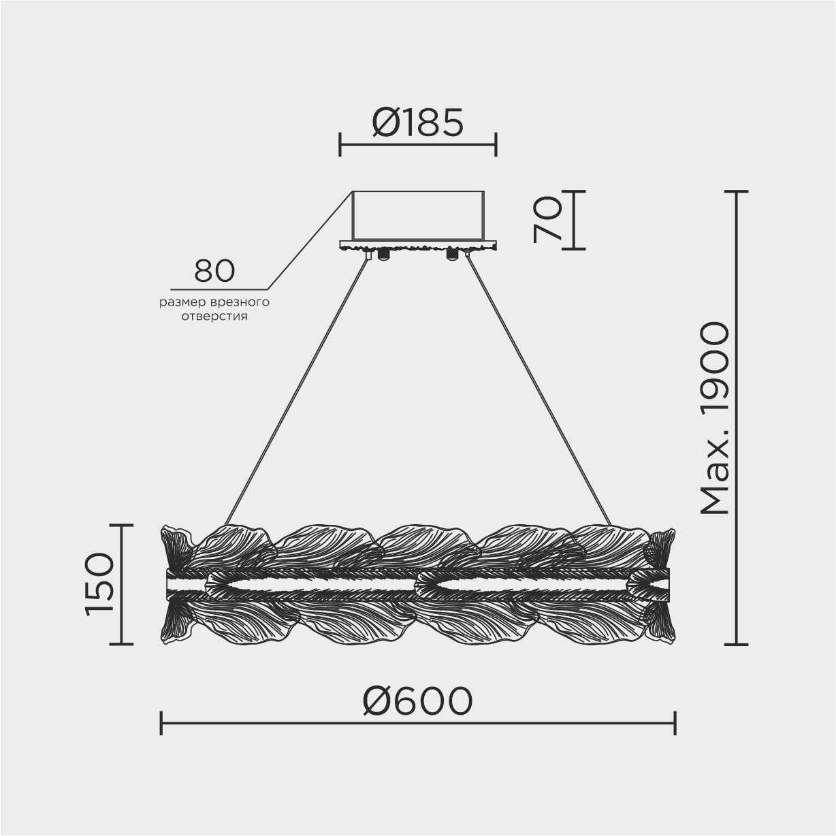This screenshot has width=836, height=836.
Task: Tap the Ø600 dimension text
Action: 417,701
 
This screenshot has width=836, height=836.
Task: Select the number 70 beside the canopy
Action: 548,219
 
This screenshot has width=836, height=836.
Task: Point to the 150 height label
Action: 100,584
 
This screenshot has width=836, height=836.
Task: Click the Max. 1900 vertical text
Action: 716,418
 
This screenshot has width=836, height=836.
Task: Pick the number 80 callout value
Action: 214,271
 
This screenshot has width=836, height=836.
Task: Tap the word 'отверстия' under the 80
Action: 214,317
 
